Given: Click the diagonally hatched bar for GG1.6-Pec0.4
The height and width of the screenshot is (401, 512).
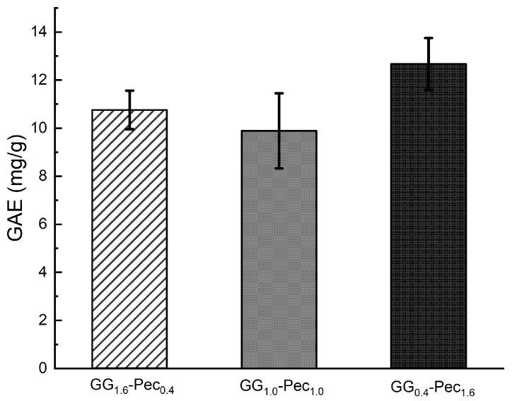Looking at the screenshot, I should point(130,240).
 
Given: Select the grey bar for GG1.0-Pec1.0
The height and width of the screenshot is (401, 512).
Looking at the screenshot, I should point(279,251).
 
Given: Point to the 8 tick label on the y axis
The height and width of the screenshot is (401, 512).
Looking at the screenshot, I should point(43,176).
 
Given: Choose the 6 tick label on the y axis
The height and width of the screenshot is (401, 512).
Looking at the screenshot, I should point(43,225).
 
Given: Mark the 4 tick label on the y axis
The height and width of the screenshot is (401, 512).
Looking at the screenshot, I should point(43,273).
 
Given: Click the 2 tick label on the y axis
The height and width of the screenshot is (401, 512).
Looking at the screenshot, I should point(43,321).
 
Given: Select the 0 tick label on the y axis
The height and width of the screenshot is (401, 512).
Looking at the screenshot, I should point(43,369).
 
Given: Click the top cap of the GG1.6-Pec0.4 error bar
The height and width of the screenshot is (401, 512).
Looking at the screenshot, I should point(130,90).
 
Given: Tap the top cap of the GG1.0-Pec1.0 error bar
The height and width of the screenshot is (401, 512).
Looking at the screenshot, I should point(279,93).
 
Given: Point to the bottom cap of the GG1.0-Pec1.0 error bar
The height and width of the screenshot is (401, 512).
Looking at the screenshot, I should point(279,168).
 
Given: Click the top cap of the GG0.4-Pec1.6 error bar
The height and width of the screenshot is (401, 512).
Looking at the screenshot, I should point(428,38).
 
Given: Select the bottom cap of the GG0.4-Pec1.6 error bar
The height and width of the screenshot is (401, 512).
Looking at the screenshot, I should point(428,90).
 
